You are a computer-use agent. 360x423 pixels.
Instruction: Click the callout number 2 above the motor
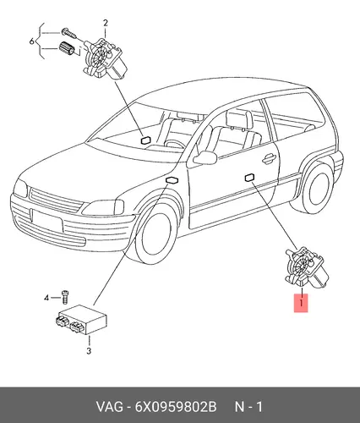click(106, 23)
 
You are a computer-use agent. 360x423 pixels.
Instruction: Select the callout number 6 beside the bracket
click(32, 41)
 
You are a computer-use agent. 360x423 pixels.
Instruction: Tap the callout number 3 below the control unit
click(89, 351)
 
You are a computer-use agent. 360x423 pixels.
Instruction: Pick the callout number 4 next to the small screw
click(46, 298)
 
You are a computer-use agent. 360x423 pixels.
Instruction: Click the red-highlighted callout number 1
click(301, 304)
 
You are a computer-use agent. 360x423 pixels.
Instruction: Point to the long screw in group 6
click(69, 34)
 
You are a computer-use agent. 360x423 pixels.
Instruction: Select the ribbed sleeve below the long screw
click(67, 48)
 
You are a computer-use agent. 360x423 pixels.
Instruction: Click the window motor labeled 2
click(103, 59)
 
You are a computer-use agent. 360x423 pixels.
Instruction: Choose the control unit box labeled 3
click(82, 320)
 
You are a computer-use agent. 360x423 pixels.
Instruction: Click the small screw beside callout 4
click(65, 297)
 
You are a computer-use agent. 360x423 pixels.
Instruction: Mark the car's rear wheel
click(319, 187)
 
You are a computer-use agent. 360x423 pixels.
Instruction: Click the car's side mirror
click(205, 157)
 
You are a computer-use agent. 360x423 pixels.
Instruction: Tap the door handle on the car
click(268, 159)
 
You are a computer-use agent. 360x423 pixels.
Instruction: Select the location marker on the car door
click(250, 178)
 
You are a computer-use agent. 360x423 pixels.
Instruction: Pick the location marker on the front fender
click(172, 180)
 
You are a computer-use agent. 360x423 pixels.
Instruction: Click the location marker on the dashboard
click(145, 140)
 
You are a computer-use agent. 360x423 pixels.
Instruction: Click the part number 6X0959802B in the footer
click(176, 407)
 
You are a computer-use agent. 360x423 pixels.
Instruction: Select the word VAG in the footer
click(110, 407)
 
